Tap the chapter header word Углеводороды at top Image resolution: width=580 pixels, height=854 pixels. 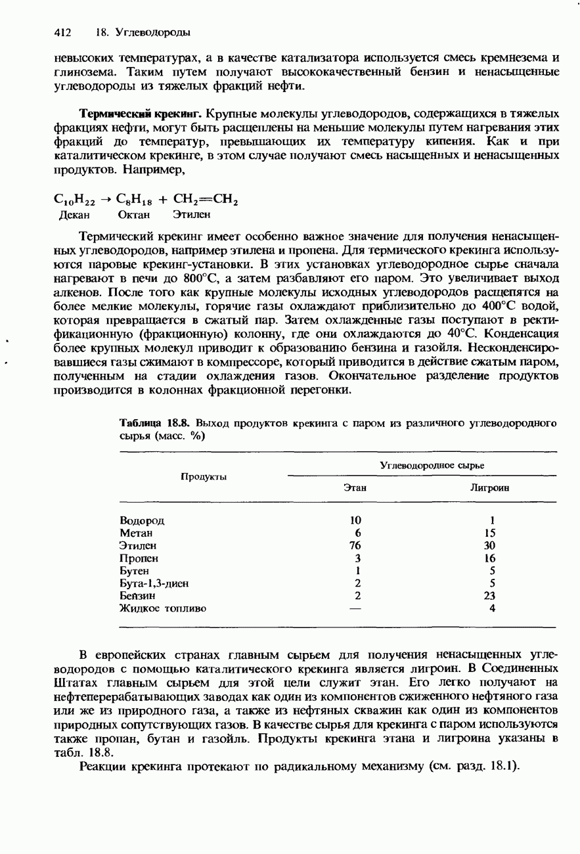coord(152,32)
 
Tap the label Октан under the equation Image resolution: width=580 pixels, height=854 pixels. coord(133,214)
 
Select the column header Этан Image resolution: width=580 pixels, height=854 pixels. coord(355,488)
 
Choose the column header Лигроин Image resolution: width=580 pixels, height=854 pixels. coord(490,488)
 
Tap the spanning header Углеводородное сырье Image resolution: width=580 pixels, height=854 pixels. coord(432,465)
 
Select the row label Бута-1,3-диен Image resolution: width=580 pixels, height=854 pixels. coord(154,583)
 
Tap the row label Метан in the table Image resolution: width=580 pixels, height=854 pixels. coord(136,533)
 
